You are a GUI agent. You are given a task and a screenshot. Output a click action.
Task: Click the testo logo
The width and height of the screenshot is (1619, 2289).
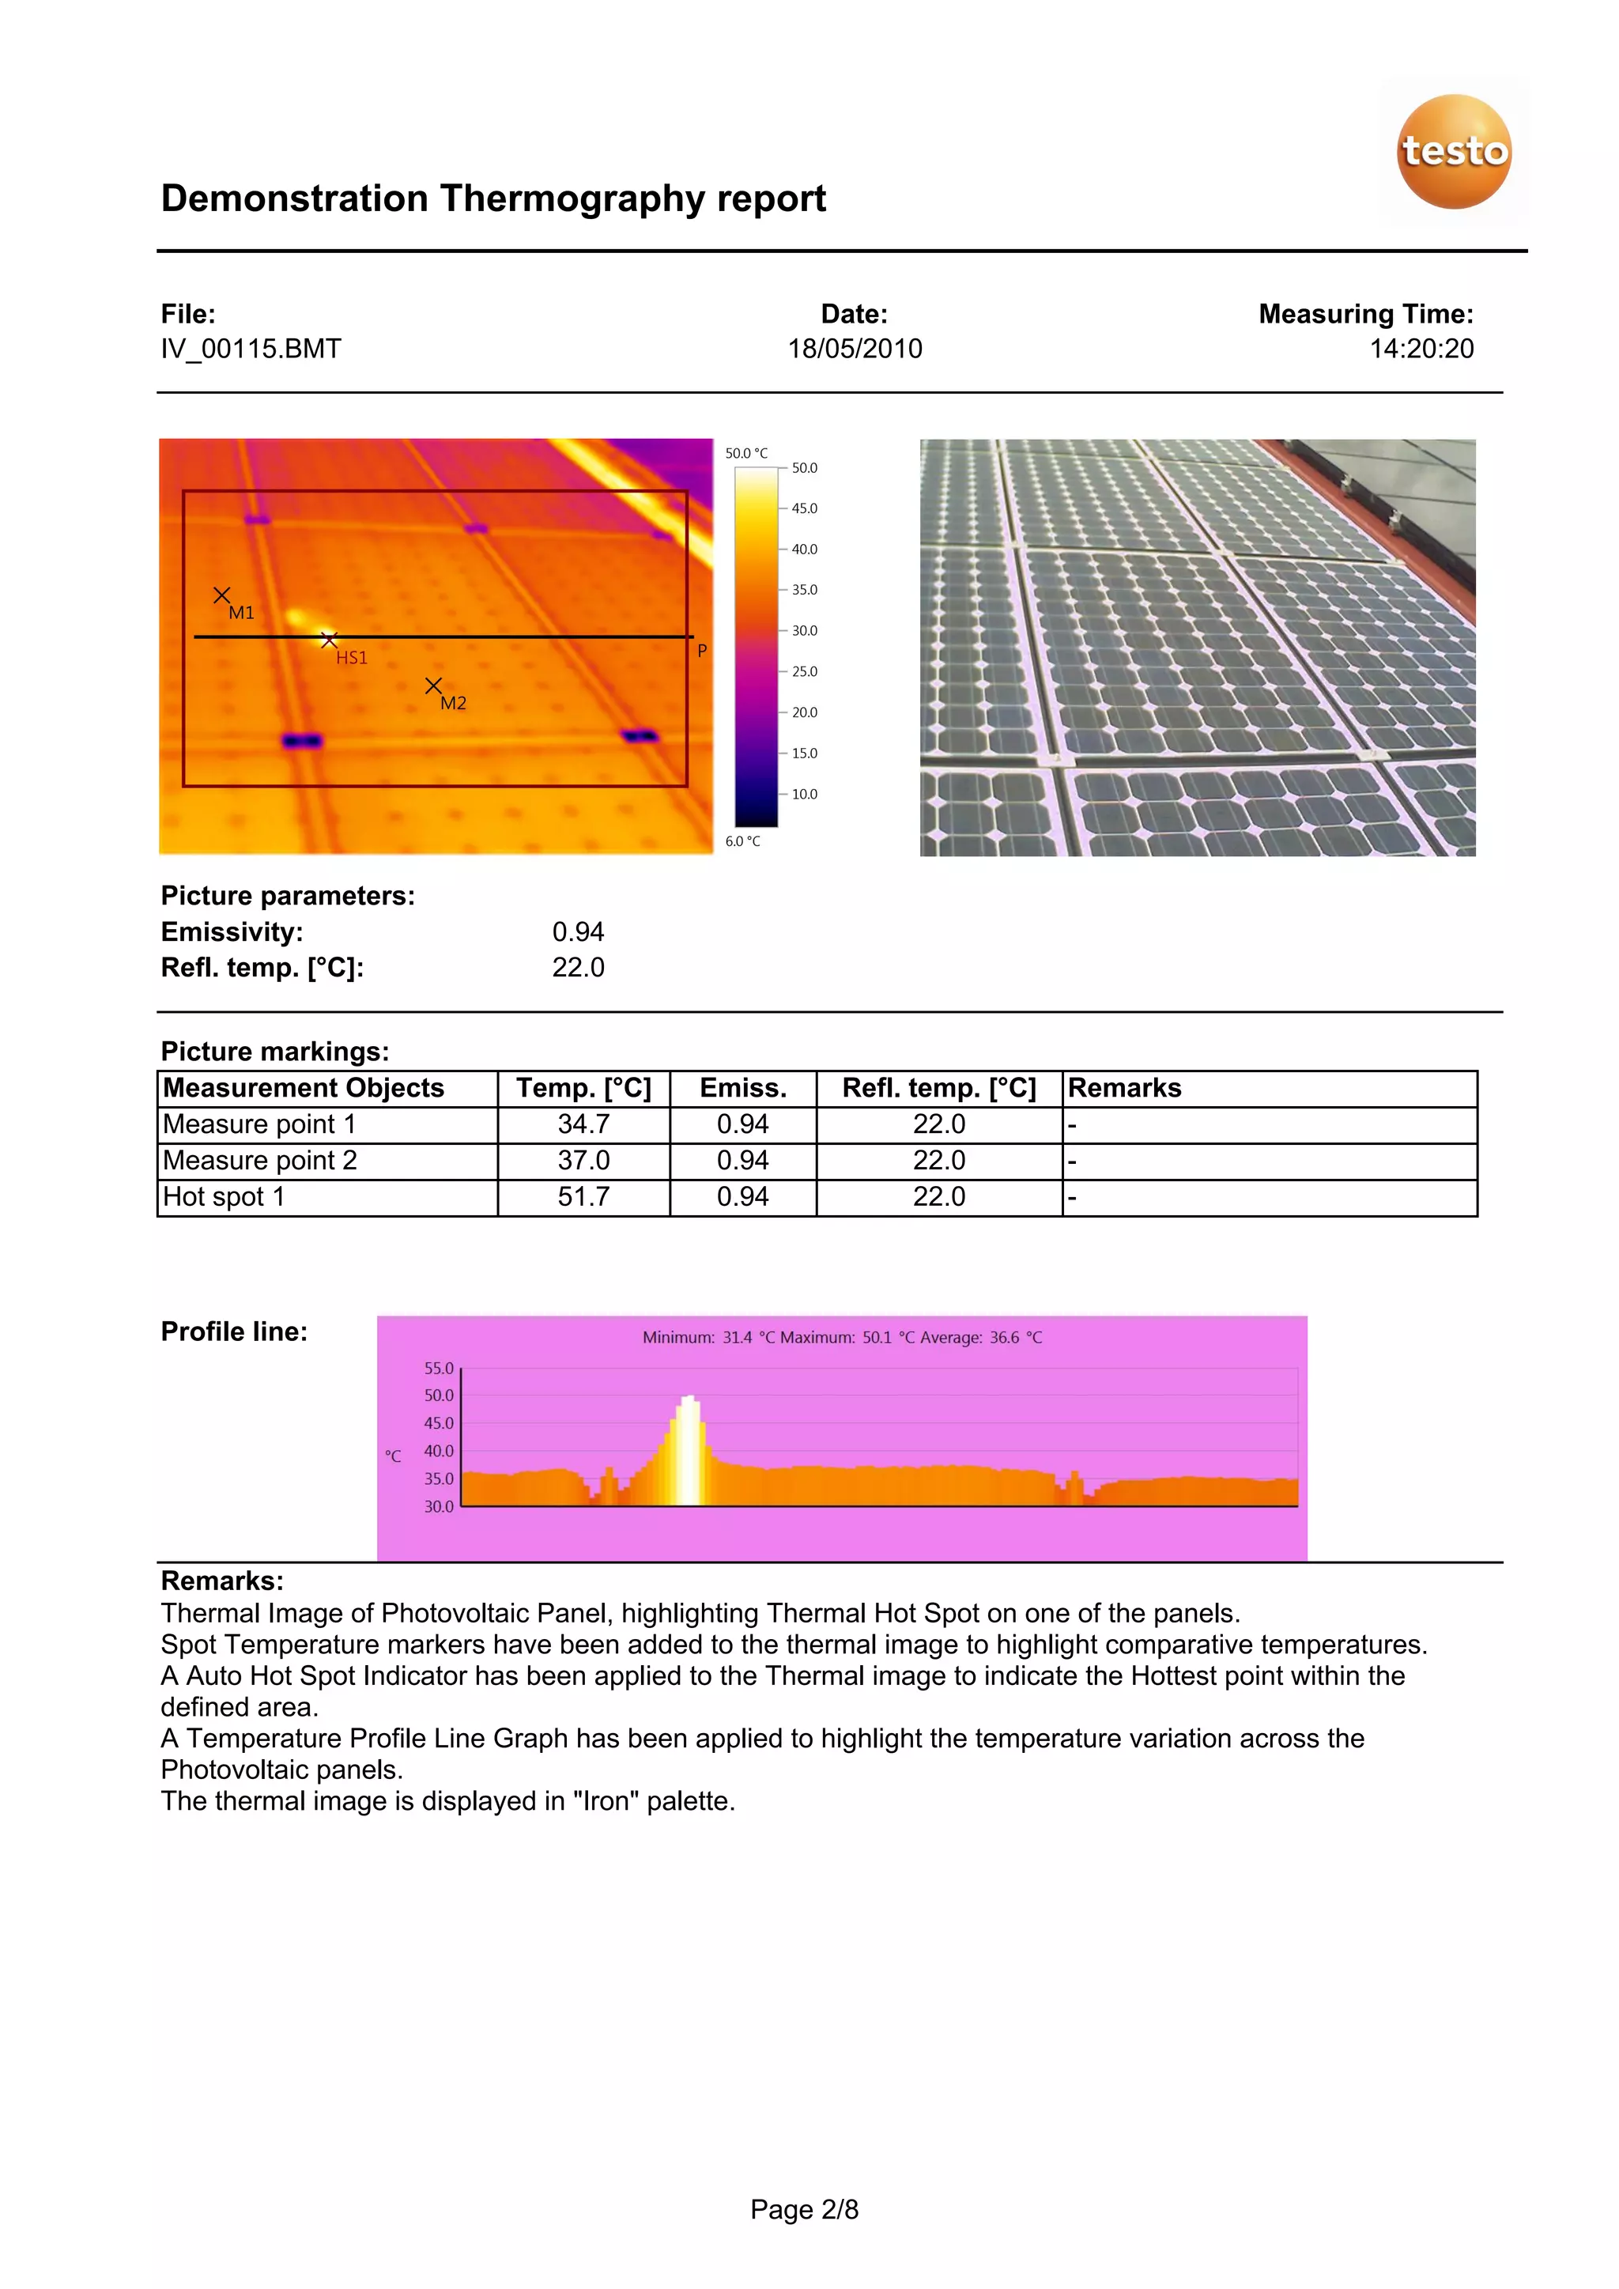[1454, 152]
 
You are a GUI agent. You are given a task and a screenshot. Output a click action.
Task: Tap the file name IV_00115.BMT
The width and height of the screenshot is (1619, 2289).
[251, 349]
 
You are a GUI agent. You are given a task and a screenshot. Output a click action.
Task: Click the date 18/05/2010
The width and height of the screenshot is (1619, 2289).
[855, 349]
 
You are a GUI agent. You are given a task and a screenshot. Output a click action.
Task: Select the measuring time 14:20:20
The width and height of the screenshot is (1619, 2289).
[1421, 349]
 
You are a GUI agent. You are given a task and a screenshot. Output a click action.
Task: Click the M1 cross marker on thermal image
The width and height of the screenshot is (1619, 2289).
[222, 595]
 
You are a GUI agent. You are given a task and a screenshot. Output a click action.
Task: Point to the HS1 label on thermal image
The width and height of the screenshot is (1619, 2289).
[351, 658]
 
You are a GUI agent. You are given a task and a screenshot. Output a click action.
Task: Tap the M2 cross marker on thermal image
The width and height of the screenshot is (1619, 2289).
[432, 686]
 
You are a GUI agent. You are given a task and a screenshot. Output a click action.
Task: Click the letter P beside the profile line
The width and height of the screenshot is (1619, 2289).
[702, 651]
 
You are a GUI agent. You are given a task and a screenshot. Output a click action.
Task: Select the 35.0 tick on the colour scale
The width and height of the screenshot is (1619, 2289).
[803, 590]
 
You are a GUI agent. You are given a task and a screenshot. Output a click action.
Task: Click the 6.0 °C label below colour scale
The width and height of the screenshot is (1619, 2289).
[743, 841]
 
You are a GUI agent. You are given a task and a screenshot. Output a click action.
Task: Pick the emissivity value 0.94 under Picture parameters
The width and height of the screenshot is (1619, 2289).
[578, 932]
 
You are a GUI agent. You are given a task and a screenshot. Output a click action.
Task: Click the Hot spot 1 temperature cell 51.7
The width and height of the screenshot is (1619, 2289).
[583, 1197]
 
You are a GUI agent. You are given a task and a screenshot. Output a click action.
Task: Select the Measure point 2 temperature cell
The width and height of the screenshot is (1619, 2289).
[583, 1161]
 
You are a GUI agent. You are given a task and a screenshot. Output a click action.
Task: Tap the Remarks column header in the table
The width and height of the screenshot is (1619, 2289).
[1125, 1089]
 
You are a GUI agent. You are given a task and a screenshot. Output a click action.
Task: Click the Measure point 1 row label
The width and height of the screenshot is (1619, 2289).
[259, 1124]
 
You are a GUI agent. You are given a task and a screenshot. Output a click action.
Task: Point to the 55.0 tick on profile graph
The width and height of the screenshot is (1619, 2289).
[439, 1369]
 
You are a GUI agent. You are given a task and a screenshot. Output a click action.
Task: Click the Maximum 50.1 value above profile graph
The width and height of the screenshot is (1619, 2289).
[877, 1338]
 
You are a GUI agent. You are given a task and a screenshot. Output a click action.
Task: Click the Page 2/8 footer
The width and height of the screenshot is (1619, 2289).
[803, 2210]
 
